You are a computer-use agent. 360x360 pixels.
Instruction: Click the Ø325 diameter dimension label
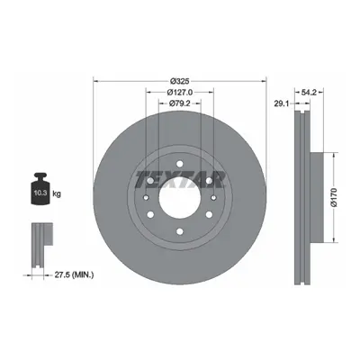[x=180, y=81]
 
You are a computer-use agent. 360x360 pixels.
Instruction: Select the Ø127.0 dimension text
[x=180, y=92]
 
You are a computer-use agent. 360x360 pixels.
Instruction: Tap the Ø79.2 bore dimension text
[x=180, y=103]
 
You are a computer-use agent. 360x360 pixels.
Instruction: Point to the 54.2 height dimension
[x=309, y=93]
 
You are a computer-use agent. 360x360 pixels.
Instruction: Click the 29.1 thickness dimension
[x=282, y=103]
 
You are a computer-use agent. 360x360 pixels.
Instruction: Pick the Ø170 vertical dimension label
[x=334, y=197]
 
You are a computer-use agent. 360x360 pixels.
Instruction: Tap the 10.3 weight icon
[x=40, y=189]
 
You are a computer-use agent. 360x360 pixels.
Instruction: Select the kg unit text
[x=57, y=194]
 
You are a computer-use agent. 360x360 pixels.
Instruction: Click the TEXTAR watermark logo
[x=180, y=180]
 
